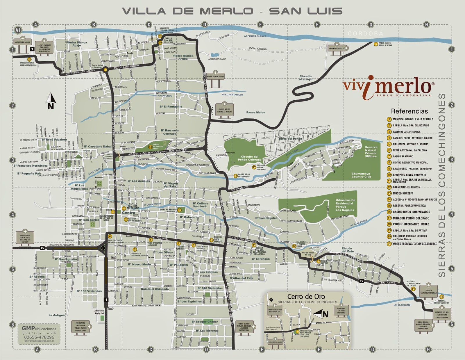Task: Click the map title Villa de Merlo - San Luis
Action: [232, 11]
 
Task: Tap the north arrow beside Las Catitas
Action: [51, 101]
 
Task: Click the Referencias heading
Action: [409, 111]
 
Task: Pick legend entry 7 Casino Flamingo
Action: [403, 156]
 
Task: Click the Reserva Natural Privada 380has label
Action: [371, 152]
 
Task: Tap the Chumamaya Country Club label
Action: [361, 175]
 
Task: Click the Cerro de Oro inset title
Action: [306, 297]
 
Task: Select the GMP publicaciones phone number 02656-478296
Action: [39, 337]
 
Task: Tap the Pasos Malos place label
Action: [255, 112]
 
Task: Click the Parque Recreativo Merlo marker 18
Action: [150, 147]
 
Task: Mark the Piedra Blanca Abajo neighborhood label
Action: [76, 44]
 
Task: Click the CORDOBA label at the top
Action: [365, 33]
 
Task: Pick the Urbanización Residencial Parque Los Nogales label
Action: [345, 205]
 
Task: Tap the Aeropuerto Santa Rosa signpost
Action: [25, 237]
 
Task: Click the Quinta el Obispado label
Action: [155, 289]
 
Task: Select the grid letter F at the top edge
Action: [317, 25]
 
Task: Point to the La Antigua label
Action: [57, 315]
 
